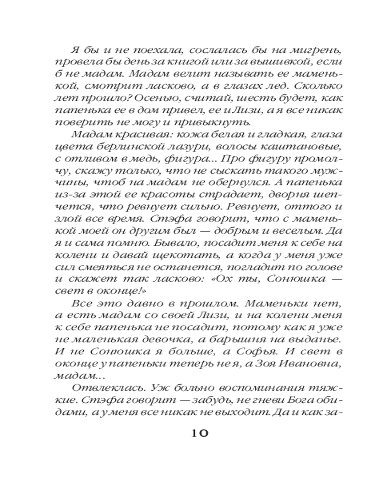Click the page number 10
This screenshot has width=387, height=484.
(196, 432)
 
